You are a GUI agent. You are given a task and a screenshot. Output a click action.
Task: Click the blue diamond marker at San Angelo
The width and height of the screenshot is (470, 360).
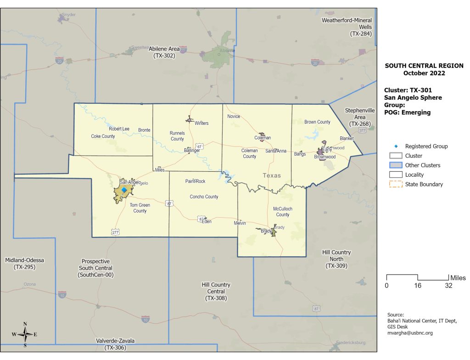123,189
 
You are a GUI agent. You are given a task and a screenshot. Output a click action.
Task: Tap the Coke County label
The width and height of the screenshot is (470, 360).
103,136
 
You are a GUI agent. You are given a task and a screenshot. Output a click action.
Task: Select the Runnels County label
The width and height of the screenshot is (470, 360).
177,136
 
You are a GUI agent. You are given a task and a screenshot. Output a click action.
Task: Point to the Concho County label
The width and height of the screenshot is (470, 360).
204,197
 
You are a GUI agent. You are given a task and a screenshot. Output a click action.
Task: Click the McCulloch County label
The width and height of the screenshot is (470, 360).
283,212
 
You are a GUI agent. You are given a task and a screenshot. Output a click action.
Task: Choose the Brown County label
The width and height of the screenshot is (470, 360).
317,122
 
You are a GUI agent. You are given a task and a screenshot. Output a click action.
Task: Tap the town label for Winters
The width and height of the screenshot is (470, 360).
201,124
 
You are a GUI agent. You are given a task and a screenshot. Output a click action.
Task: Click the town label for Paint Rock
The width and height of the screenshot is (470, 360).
195,181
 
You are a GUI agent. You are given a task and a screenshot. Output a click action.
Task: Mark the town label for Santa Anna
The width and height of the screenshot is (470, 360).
276,151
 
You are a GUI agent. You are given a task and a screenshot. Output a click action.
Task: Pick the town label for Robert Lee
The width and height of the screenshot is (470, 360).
119,129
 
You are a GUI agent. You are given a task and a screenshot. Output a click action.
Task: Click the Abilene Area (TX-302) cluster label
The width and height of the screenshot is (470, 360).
164,52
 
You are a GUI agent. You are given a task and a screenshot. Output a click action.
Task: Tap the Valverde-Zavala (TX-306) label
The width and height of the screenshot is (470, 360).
115,344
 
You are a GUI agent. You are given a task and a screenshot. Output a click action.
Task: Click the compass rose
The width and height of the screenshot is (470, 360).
25,334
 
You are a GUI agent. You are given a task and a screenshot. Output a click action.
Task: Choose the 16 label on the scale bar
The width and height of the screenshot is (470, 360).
418,286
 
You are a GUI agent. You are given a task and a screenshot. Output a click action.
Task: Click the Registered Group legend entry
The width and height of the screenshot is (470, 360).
426,146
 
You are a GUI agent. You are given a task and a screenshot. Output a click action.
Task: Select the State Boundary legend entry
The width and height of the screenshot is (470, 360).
424,185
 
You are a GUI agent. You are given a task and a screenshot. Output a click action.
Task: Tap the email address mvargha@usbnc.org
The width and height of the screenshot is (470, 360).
410,333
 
